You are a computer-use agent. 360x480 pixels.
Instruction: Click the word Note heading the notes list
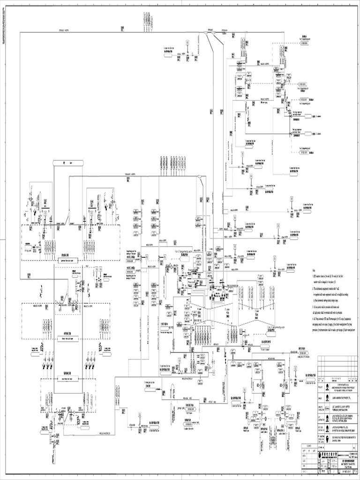tap(314, 270)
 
